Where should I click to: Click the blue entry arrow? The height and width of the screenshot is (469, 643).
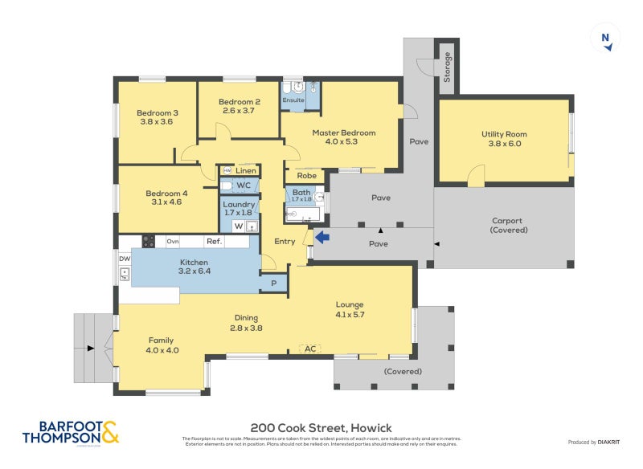click(321, 237)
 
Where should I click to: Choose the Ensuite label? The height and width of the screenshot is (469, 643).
click(293, 100)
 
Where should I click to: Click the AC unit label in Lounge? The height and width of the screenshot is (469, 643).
click(311, 348)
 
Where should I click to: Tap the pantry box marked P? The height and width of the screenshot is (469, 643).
click(273, 283)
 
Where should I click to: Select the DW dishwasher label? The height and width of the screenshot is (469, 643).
click(125, 259)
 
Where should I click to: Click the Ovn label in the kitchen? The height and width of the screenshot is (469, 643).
click(172, 241)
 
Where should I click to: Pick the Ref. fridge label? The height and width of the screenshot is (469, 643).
click(214, 241)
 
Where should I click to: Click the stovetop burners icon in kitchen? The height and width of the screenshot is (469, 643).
click(149, 241)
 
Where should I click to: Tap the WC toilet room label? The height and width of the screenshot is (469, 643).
click(244, 186)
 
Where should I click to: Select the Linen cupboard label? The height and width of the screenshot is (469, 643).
click(246, 170)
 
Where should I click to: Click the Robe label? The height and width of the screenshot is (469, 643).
click(306, 175)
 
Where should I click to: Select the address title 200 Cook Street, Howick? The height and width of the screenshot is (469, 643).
click(321, 427)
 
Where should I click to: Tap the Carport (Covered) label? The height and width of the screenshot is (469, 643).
click(508, 225)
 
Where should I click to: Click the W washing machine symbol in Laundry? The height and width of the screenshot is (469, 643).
click(238, 226)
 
